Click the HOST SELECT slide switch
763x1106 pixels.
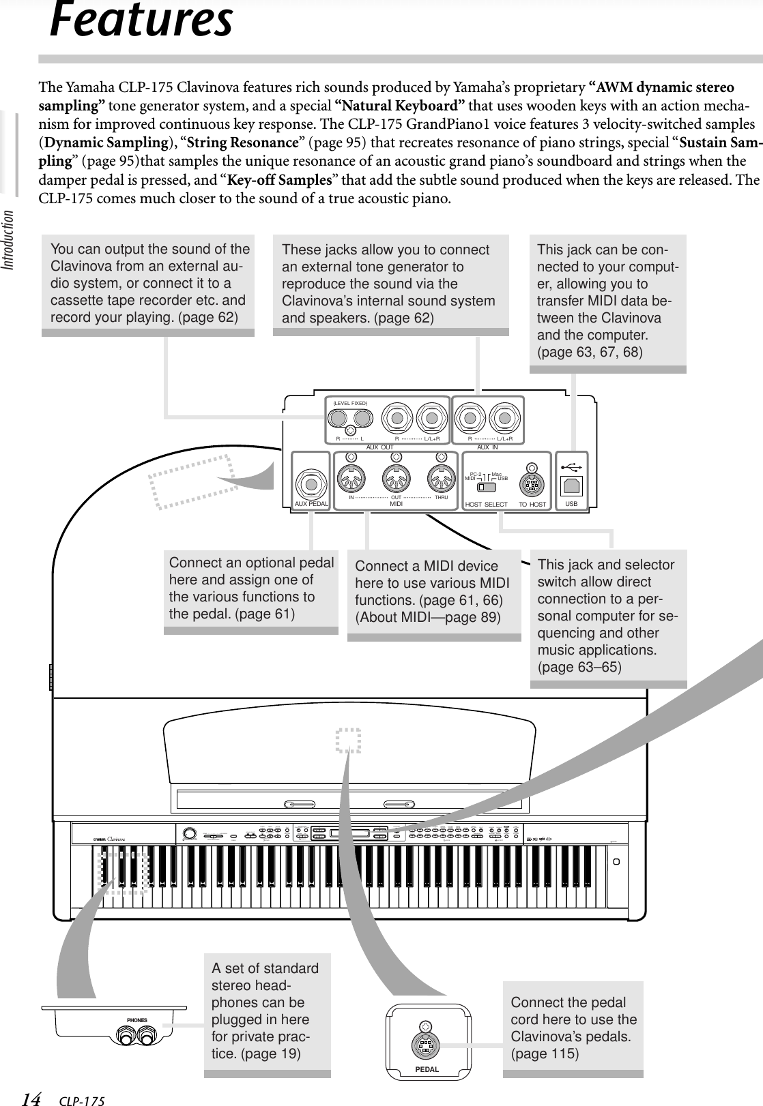(487, 487)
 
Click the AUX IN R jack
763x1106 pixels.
(469, 417)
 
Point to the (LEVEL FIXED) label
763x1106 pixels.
(350, 404)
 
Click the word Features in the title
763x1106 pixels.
(141, 20)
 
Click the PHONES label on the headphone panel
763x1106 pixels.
(137, 1020)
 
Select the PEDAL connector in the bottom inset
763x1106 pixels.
(425, 1045)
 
